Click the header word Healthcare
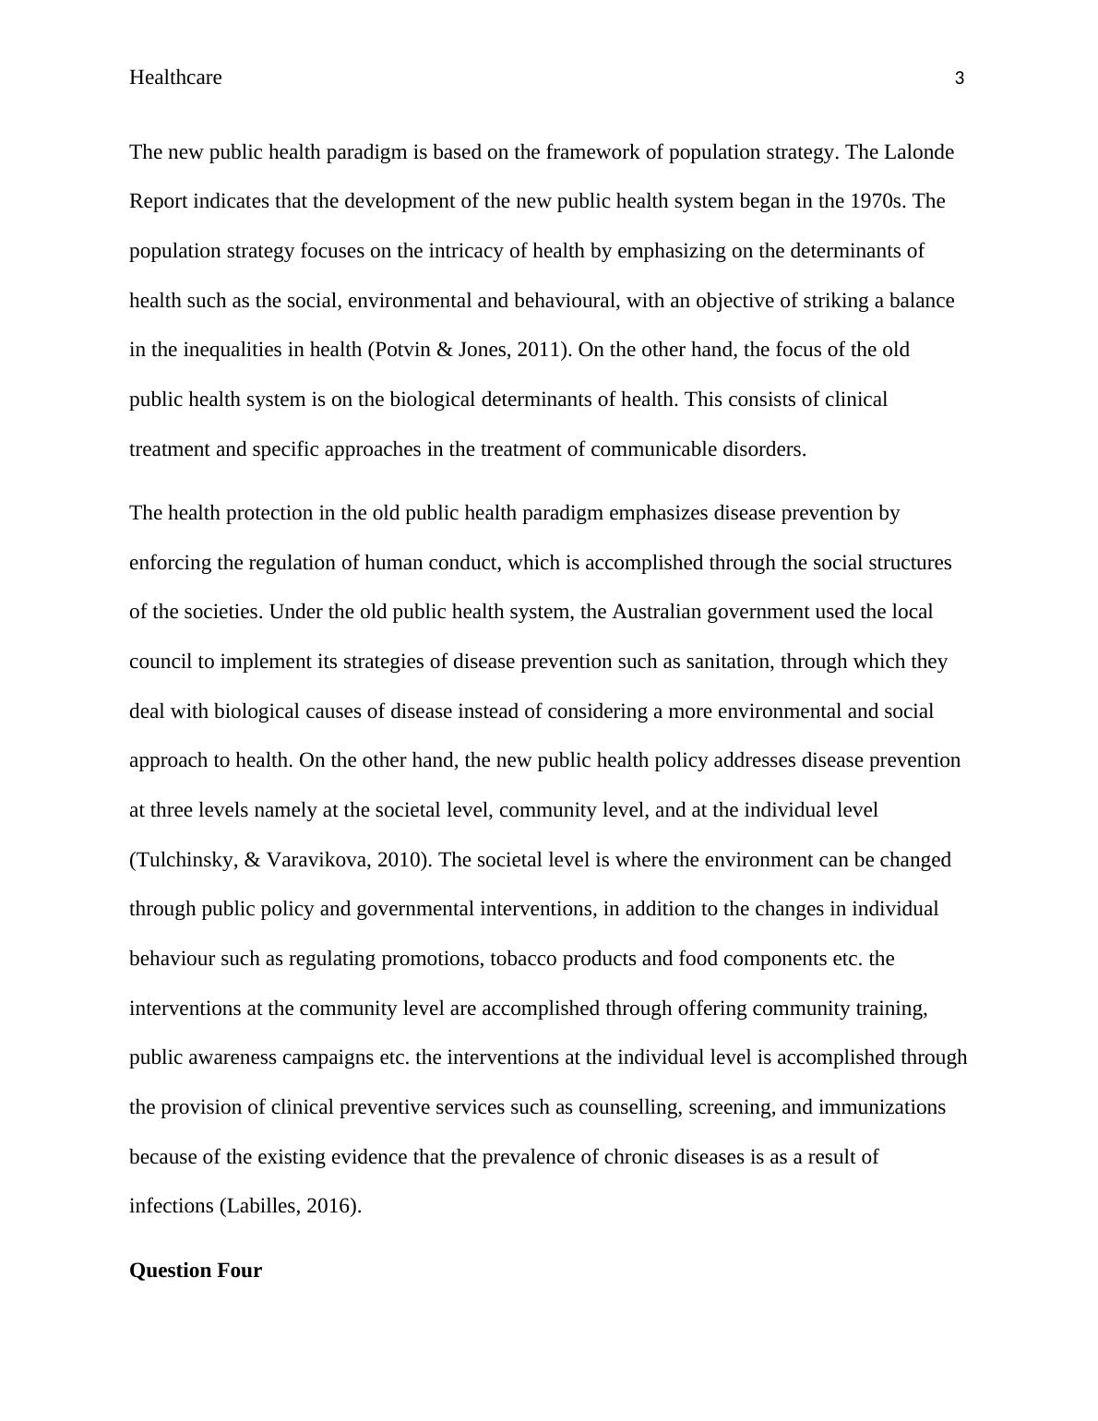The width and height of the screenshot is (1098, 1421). tap(175, 78)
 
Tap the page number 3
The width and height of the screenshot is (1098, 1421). tap(960, 78)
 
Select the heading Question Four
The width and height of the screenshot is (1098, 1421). tap(196, 1271)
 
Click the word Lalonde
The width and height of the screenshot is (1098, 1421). tap(919, 151)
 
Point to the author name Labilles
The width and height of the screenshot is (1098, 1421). tap(264, 1206)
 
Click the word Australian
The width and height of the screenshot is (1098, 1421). tap(656, 612)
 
